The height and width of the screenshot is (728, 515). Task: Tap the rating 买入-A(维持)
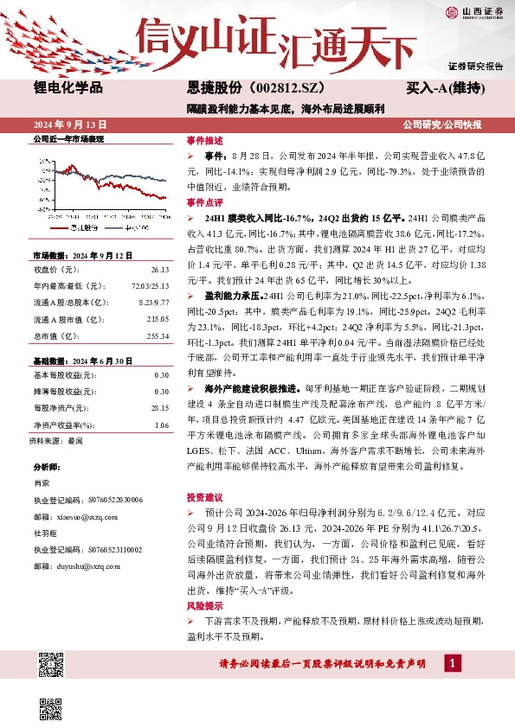[x=443, y=88]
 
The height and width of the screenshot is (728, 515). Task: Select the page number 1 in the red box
[x=451, y=663]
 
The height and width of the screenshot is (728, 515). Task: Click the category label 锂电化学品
[x=68, y=88]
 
